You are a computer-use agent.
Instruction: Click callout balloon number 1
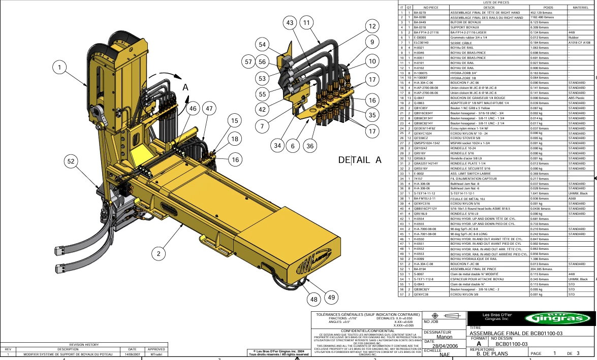pos(60,67)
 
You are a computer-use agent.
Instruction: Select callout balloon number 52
pos(71,161)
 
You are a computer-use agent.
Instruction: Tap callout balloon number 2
pos(159,253)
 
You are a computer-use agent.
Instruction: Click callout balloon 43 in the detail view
pos(290,23)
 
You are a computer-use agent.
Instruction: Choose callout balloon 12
pos(372,26)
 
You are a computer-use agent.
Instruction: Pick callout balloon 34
pos(277,146)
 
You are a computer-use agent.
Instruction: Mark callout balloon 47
pos(209,108)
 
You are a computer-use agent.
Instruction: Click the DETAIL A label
pos(360,160)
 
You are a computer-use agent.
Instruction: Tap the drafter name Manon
pos(444,337)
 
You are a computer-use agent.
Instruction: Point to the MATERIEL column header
pos(580,8)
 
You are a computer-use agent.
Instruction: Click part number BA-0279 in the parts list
pos(420,12)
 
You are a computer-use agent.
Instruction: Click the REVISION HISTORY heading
pos(84,345)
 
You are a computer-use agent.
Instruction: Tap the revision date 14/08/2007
pos(133,354)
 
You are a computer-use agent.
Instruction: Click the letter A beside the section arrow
pos(186,88)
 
